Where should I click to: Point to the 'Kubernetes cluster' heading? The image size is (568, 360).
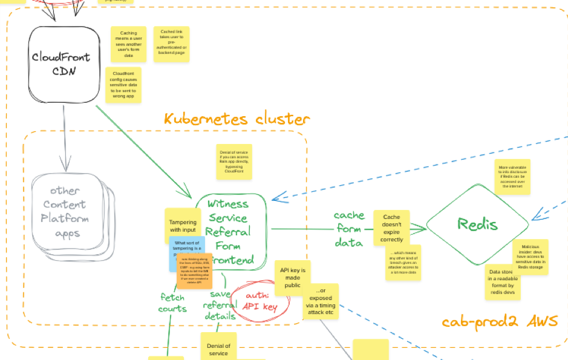click(237, 119)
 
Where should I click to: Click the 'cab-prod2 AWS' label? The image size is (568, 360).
click(499, 321)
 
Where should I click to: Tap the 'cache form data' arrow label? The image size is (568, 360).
click(349, 229)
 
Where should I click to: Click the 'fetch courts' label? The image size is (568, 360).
click(173, 303)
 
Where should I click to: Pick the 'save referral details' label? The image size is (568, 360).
click(220, 305)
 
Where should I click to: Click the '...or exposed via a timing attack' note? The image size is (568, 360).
click(321, 301)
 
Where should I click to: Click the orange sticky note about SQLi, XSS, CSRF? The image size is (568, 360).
click(195, 271)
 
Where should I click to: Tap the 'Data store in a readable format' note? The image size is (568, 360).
click(502, 282)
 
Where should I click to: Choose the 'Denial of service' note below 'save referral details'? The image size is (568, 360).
click(218, 349)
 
